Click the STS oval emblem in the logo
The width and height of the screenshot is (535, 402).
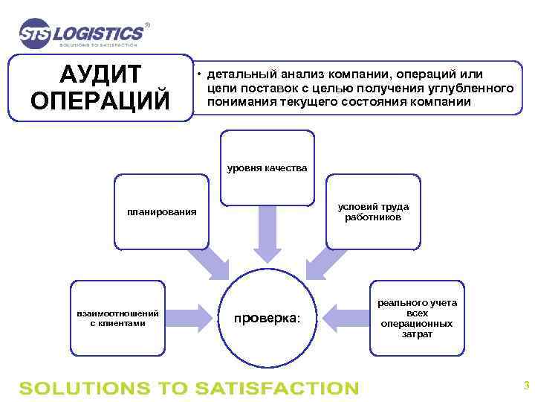click(x=36, y=33)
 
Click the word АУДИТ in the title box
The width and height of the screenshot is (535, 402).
click(x=100, y=75)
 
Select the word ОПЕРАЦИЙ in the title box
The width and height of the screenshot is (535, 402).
click(x=100, y=100)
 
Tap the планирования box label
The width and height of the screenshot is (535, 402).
click(x=161, y=212)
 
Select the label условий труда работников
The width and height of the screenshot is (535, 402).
click(x=373, y=212)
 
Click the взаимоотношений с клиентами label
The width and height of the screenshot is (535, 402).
click(x=117, y=318)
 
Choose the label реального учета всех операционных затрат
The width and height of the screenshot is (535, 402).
click(x=417, y=319)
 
